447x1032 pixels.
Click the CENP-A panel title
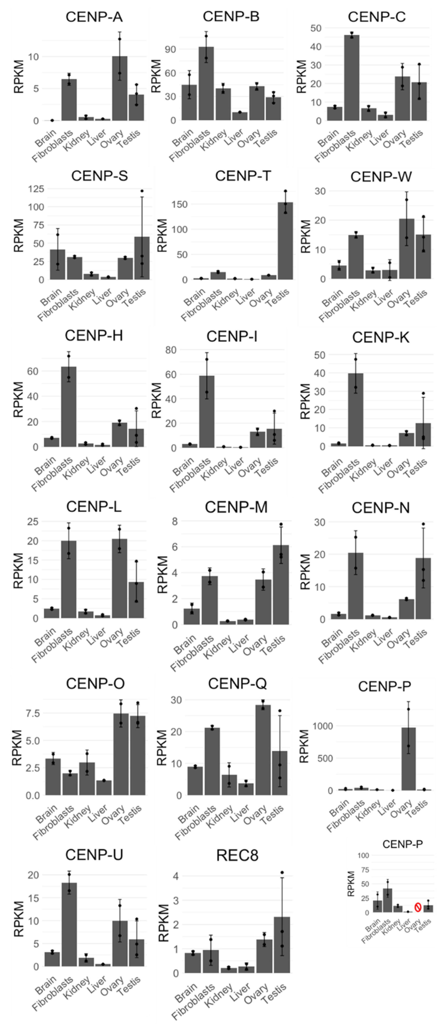(x=94, y=17)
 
